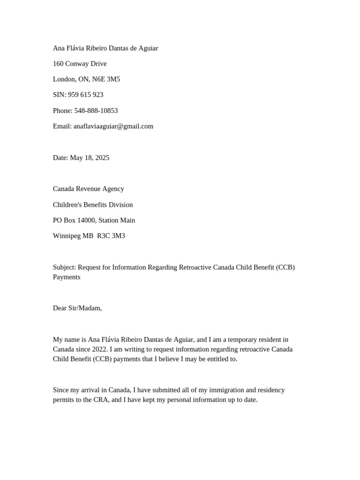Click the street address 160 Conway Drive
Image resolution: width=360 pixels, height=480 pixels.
coord(80,64)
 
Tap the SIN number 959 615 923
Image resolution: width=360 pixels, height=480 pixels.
coord(85,95)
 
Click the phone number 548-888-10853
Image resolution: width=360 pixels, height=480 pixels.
coord(96,111)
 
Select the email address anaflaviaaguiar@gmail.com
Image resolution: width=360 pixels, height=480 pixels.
coord(113,126)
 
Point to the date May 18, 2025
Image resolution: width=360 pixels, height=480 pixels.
coord(90,157)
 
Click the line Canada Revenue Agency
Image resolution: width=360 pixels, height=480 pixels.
coord(89,189)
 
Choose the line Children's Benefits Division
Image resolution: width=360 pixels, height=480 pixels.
coord(93,205)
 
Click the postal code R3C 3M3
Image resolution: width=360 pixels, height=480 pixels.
coord(111,236)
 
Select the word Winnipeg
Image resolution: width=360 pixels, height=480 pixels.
coord(67,236)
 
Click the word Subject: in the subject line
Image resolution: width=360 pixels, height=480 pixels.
coord(64,267)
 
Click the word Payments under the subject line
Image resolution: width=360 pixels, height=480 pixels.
coord(67,277)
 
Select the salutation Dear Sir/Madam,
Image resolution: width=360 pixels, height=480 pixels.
coord(77,308)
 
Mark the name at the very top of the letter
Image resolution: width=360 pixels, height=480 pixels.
coord(105,48)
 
